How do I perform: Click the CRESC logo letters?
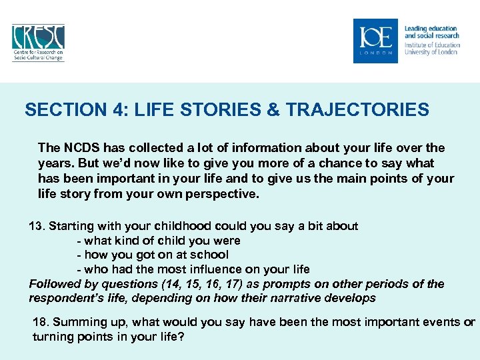tap(38, 36)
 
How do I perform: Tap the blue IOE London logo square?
tap(375, 41)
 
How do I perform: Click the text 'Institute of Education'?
tap(431, 45)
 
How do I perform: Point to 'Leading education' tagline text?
tap(431, 29)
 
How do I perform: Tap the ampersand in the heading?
tap(273, 110)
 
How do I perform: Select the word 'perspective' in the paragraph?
tap(228, 193)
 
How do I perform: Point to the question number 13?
tap(37, 226)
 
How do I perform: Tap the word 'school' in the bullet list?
tap(209, 255)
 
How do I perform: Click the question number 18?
tap(40, 323)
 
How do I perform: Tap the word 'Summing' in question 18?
tap(77, 323)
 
